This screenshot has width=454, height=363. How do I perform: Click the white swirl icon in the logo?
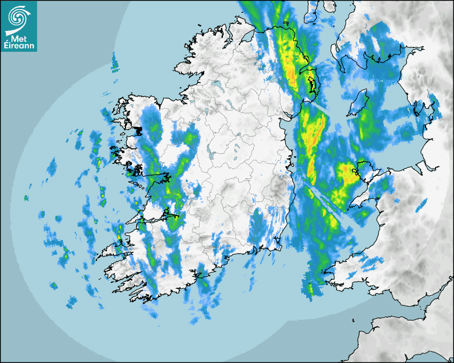pos(18,16)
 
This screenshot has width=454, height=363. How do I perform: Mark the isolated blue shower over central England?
pos(422,204)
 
